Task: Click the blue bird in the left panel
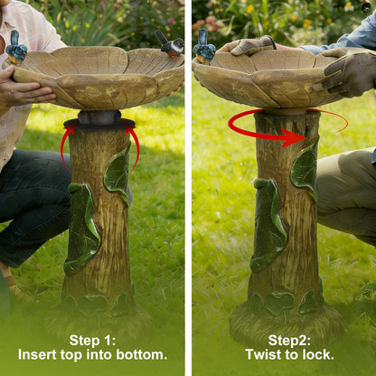16,48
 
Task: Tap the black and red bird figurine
170,44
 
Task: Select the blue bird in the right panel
204,48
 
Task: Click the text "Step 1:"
92,341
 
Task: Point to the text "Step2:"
289,341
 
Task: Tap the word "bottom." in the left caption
142,354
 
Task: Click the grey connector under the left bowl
99,117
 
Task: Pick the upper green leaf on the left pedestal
118,174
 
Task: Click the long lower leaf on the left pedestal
82,229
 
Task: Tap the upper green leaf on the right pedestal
305,169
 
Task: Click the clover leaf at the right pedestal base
279,302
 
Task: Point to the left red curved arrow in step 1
65,145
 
